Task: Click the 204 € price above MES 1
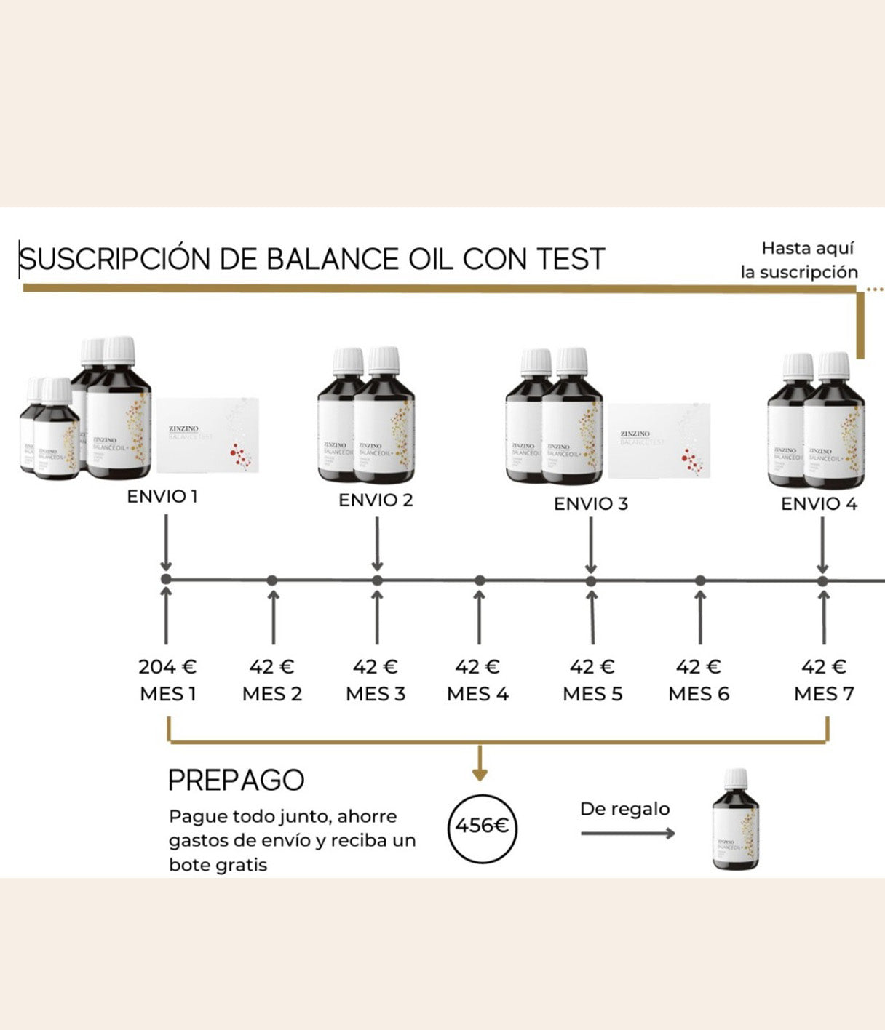pos(167,666)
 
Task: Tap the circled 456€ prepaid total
pos(482,826)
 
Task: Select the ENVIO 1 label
pos(162,497)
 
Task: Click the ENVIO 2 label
pos(376,500)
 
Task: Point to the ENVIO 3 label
pos(590,503)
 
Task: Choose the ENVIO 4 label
pos(819,503)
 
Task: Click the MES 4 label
pos(477,694)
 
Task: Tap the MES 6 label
pos(699,694)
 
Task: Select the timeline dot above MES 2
pos(272,580)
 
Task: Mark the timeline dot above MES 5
pos(591,580)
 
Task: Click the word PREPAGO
pos(236,780)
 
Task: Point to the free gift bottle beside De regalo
pos(735,820)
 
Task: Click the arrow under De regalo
pos(627,833)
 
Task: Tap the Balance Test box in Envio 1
pos(207,435)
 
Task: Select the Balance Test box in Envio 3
pos(659,441)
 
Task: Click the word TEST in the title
pos(571,260)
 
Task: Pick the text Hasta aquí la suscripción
pos(800,260)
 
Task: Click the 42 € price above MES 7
pos(823,666)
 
